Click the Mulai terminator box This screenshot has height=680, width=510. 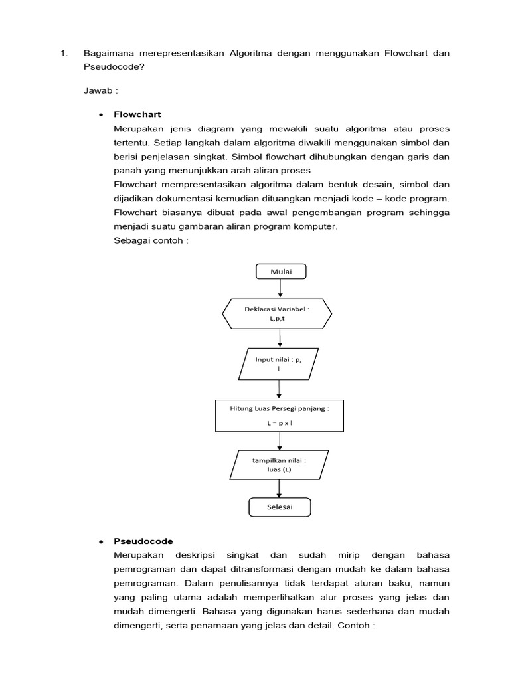[x=280, y=271]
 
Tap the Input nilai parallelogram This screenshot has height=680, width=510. [x=279, y=363]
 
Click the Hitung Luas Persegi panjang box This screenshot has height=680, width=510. [x=280, y=414]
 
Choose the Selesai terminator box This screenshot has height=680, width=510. [x=280, y=507]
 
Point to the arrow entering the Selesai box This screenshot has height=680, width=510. [x=280, y=489]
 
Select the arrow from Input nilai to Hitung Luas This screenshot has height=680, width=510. [x=280, y=389]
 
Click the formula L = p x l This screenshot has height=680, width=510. [x=280, y=422]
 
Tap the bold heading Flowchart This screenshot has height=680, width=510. [x=137, y=114]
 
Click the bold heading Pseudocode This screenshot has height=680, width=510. [x=143, y=541]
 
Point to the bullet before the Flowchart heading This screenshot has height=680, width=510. [x=101, y=115]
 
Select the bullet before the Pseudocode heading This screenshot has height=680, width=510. [x=101, y=541]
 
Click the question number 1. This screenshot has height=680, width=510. [x=63, y=53]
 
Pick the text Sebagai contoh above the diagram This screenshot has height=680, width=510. [x=151, y=240]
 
